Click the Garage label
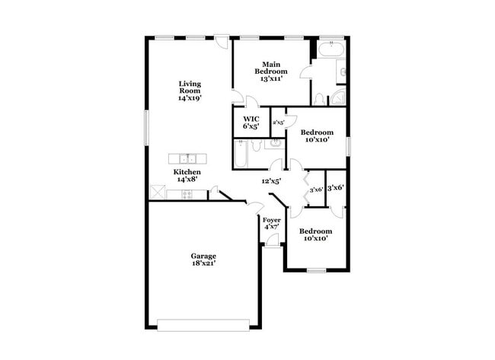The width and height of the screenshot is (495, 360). coord(203,256)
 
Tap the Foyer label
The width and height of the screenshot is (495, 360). coord(272,220)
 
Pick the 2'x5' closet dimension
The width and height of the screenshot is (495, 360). coord(279,122)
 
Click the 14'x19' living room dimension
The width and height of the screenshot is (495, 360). coord(190,98)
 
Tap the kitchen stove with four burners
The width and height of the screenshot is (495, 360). coord(187,195)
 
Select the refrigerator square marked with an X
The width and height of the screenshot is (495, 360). coord(158,193)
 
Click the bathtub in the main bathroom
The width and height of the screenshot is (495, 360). coord(331,53)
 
